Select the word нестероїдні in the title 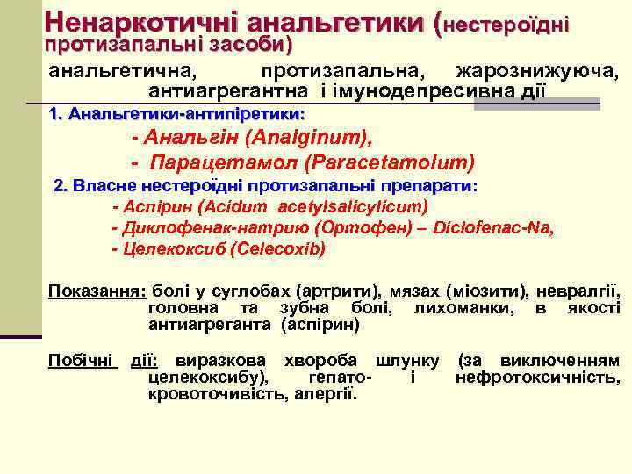pyautogui.click(x=507, y=25)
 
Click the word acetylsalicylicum pyautogui.click(x=349, y=207)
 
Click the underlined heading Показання pyautogui.click(x=97, y=291)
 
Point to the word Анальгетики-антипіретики pyautogui.click(x=186, y=115)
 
